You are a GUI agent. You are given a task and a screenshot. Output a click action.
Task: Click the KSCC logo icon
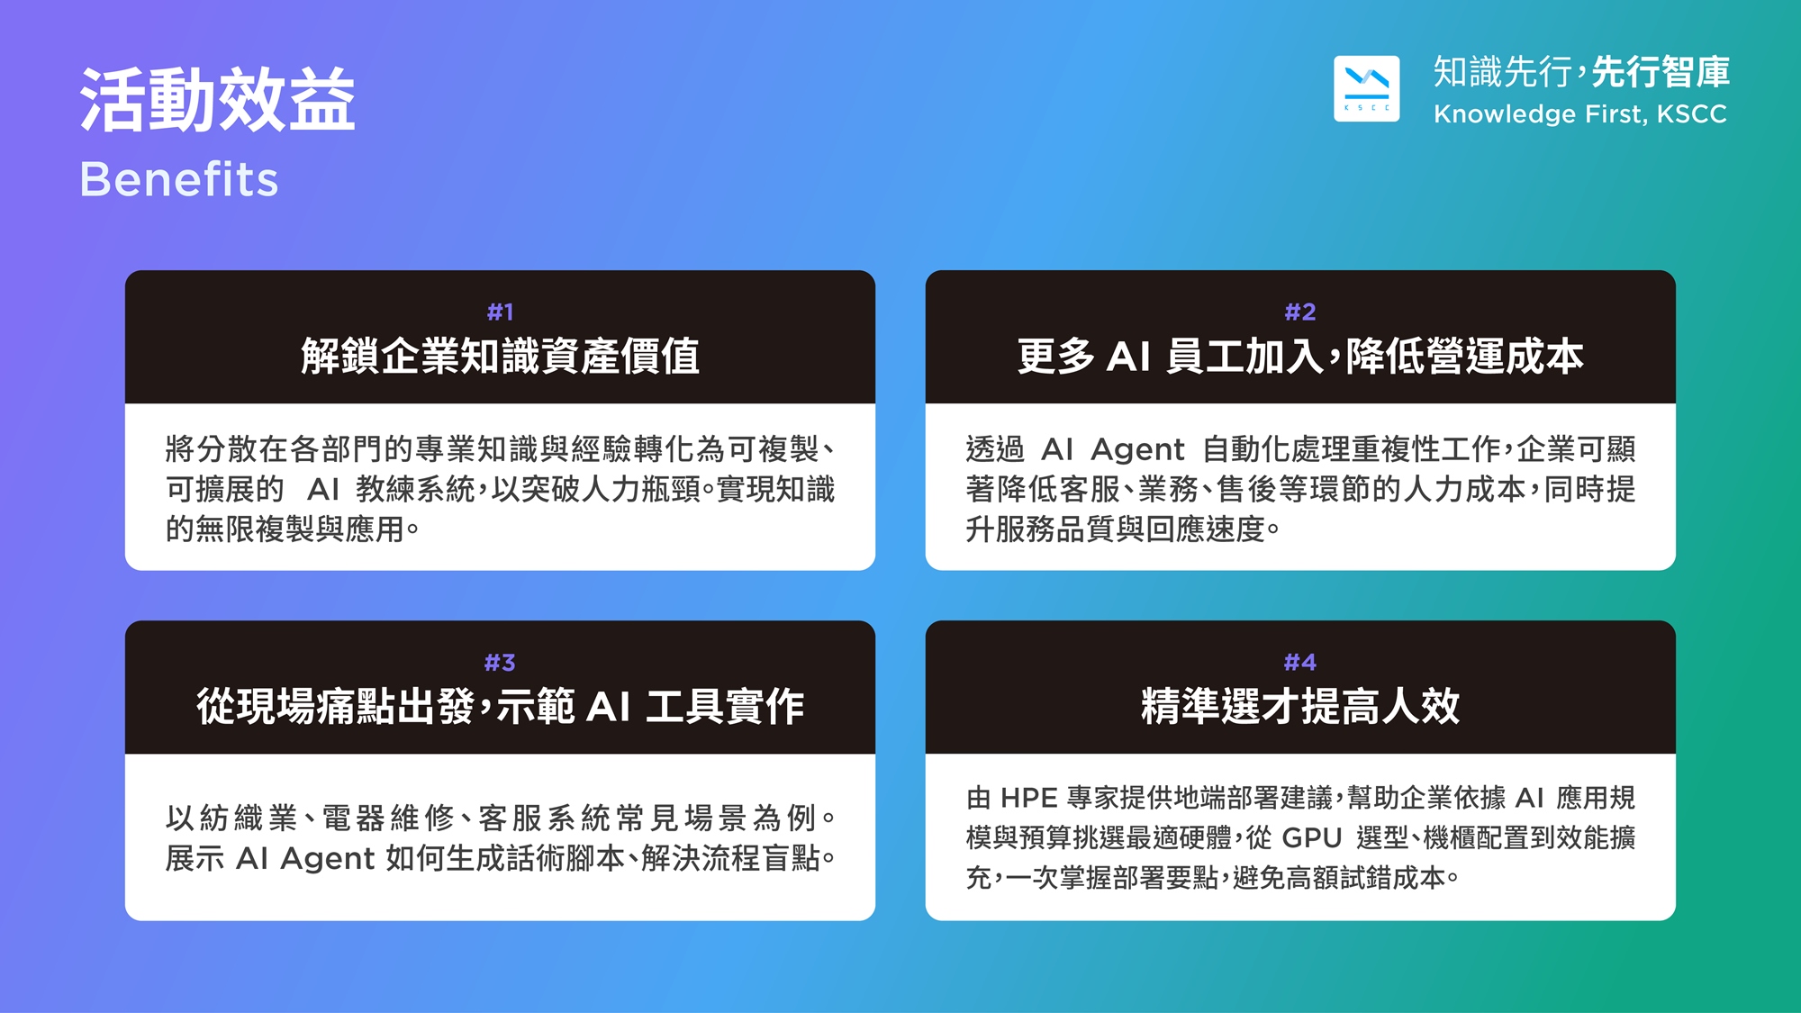tap(1366, 88)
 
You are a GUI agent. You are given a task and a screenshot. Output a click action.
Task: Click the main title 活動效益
tap(217, 100)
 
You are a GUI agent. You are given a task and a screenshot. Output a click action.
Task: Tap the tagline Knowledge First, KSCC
tap(1580, 114)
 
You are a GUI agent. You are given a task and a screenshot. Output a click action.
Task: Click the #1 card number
tap(500, 312)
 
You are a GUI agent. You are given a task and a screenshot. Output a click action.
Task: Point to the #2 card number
tap(1300, 312)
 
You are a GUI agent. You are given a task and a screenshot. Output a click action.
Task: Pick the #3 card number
tap(500, 663)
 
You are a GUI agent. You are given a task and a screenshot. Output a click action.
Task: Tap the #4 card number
tap(1300, 663)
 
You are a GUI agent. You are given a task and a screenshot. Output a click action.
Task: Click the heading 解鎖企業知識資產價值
tap(500, 356)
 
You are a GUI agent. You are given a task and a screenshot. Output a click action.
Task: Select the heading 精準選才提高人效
tap(1300, 706)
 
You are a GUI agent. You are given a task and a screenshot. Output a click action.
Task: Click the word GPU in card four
tap(1312, 838)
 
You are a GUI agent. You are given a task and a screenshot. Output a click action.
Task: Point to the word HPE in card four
tap(1028, 799)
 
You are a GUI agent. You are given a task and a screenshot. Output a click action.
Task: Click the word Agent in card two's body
tap(1137, 449)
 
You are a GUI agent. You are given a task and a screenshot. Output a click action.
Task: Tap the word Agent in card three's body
tap(328, 859)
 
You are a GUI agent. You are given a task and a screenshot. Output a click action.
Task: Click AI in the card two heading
tap(1129, 357)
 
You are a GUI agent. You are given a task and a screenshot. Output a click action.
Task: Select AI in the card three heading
tap(609, 707)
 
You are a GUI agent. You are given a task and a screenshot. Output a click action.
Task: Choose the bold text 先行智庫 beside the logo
tap(1661, 72)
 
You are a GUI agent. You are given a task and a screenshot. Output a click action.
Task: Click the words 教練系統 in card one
tap(414, 490)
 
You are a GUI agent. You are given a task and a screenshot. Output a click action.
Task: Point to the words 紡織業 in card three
tap(249, 819)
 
